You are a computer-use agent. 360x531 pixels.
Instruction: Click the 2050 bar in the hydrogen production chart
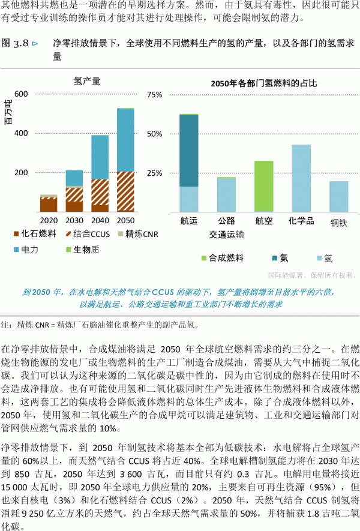(x=125, y=160)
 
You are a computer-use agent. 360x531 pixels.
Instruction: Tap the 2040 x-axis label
(x=100, y=221)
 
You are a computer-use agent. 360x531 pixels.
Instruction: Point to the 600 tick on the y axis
(x=21, y=95)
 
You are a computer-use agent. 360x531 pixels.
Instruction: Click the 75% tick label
(x=155, y=95)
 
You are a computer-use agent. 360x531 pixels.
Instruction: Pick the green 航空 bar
(x=264, y=187)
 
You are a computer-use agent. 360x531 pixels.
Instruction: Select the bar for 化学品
(x=301, y=178)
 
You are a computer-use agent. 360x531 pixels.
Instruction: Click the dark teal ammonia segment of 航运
(x=189, y=150)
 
